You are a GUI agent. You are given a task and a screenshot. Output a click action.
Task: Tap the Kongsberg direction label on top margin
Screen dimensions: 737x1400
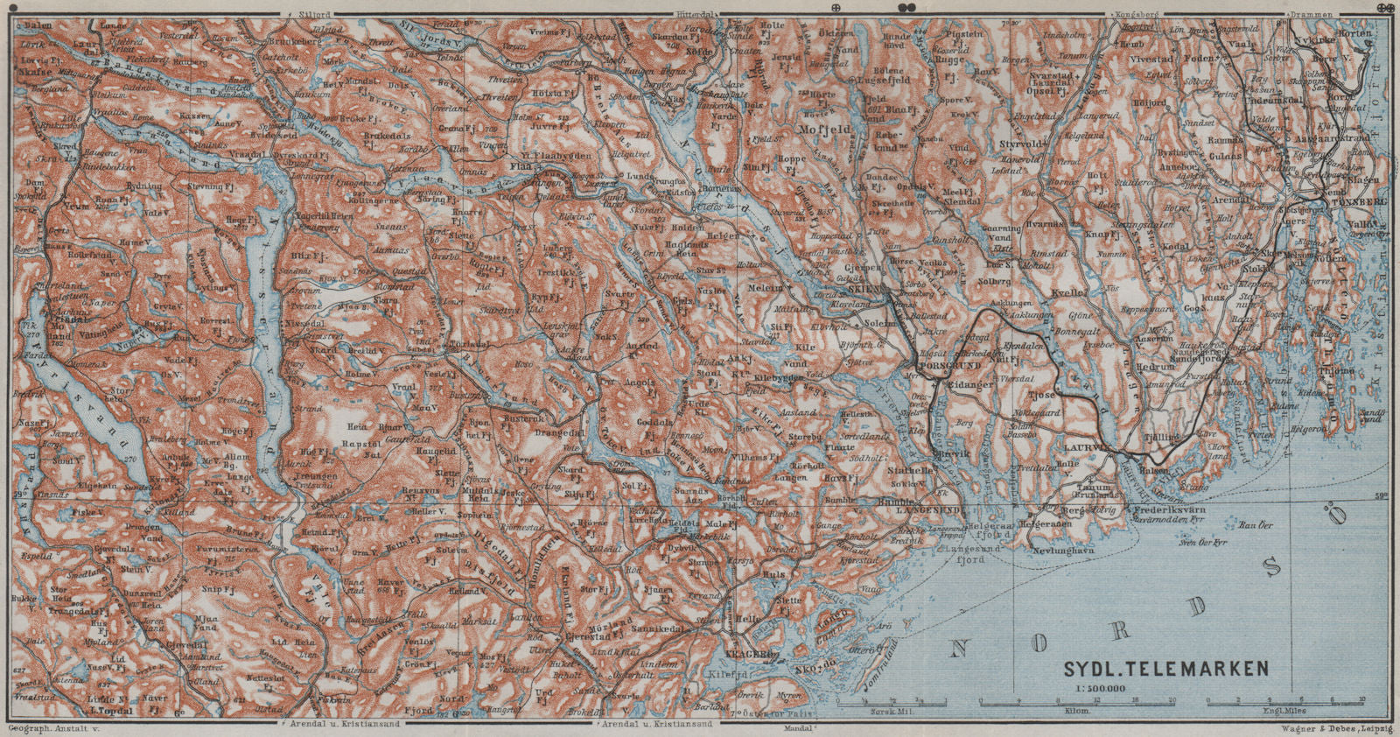pyautogui.click(x=1137, y=15)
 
